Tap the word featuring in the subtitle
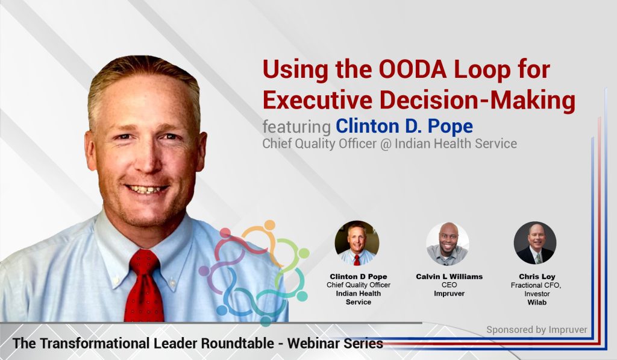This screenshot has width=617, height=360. (296, 126)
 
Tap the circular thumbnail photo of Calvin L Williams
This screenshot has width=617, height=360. (447, 243)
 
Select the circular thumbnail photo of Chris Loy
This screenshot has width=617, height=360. (534, 243)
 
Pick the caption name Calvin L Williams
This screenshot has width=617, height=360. (449, 276)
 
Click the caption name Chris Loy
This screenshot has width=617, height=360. (536, 276)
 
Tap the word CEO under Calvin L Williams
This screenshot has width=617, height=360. (449, 285)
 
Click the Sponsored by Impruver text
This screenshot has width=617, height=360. (536, 330)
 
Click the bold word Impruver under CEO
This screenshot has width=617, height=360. (449, 293)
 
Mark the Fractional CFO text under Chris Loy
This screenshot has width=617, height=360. (536, 285)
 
